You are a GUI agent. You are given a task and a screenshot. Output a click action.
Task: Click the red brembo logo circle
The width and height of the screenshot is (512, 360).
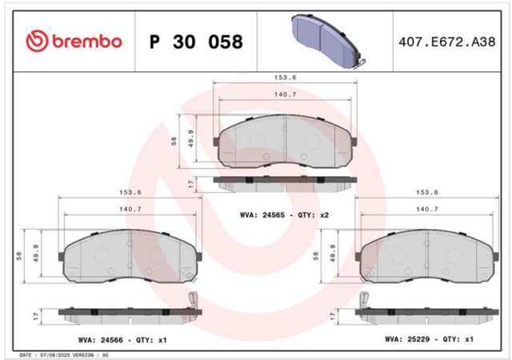37,42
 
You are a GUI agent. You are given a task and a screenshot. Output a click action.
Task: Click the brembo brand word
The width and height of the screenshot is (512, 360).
87,42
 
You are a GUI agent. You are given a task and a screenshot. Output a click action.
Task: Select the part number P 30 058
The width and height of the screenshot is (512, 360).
196,42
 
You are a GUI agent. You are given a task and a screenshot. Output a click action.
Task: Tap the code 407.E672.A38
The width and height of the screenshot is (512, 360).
446,42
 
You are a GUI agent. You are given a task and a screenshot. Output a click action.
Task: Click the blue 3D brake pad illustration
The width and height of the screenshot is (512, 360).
327,42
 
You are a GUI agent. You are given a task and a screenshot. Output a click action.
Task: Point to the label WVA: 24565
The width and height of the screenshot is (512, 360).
262,215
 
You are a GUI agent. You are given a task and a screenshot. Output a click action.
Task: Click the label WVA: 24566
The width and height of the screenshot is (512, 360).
101,340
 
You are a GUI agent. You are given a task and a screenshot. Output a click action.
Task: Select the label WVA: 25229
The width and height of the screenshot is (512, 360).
407,339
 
